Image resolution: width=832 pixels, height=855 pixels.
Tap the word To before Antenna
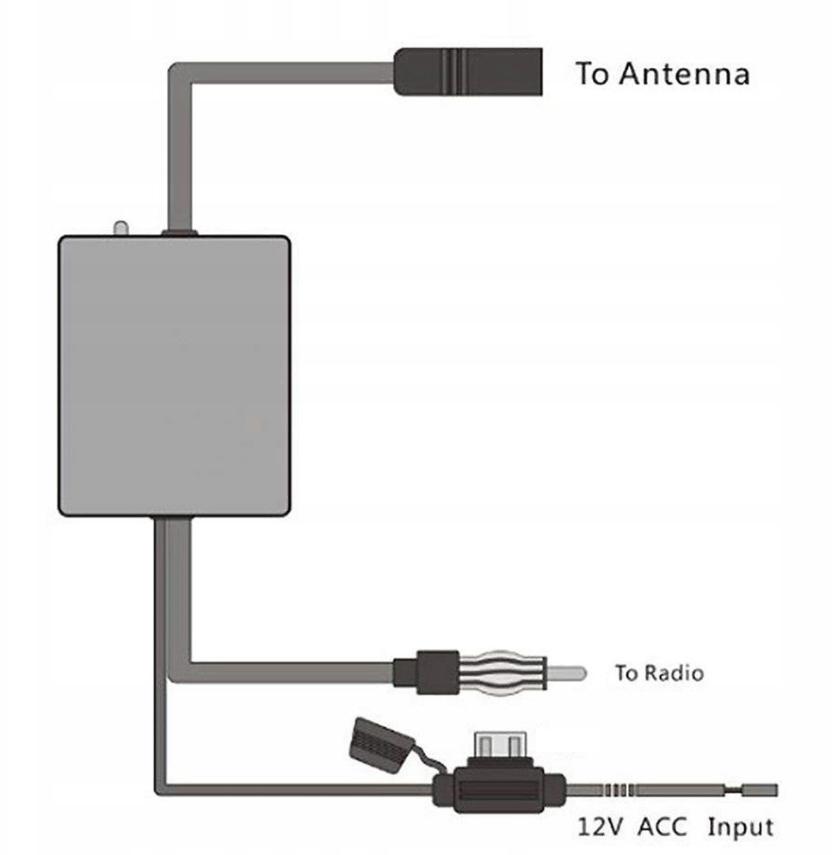592,74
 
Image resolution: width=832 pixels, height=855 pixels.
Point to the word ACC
664,827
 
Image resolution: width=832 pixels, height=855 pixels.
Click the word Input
740,827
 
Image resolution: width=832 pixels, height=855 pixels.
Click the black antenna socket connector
469,71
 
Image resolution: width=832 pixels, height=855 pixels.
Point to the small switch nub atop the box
120,228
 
